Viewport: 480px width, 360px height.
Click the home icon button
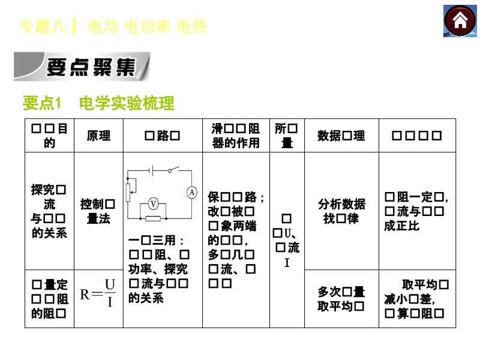pyautogui.click(x=460, y=21)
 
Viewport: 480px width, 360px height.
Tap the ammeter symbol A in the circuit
pyautogui.click(x=191, y=193)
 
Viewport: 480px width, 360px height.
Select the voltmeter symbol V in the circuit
pyautogui.click(x=154, y=203)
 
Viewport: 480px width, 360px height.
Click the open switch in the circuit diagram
pyautogui.click(x=173, y=171)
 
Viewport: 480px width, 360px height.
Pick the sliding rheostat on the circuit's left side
pyautogui.click(x=127, y=191)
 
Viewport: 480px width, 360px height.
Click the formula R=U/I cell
pyautogui.click(x=98, y=293)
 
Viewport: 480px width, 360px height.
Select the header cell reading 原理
pyautogui.click(x=98, y=136)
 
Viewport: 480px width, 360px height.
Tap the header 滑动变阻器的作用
pyautogui.click(x=236, y=136)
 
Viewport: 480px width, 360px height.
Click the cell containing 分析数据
pyautogui.click(x=341, y=211)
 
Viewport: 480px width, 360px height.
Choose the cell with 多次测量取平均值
pyautogui.click(x=341, y=299)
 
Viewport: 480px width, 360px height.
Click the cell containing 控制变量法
pyautogui.click(x=98, y=211)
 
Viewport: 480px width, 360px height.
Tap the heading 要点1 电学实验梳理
pyautogui.click(x=98, y=104)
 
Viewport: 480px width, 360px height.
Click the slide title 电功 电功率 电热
pyautogui.click(x=147, y=26)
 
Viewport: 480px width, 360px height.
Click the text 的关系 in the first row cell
pyautogui.click(x=49, y=233)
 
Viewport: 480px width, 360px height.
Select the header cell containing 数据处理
pyautogui.click(x=341, y=136)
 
